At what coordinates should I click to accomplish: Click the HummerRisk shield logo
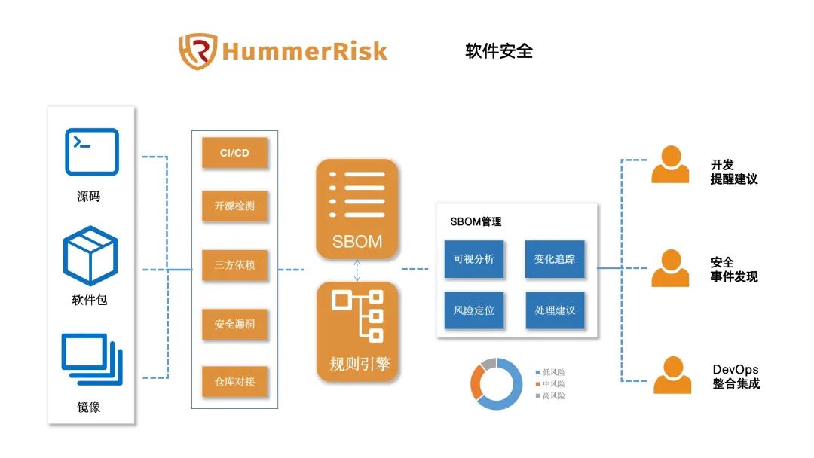point(197,51)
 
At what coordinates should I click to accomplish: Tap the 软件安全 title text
point(499,50)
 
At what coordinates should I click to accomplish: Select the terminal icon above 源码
point(92,152)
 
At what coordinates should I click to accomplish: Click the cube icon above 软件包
point(91,255)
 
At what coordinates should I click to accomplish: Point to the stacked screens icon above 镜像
point(92,359)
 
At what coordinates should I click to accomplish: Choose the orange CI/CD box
point(234,152)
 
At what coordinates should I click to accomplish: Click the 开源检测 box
point(234,206)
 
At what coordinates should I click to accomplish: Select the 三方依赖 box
point(234,265)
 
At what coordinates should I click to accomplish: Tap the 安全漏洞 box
point(234,324)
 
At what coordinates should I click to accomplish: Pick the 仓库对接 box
point(234,382)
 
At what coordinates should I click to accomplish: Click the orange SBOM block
point(357,209)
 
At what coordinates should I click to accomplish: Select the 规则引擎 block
point(358,331)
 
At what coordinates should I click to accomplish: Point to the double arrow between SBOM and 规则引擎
point(357,270)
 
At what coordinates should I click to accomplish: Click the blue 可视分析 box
point(474,259)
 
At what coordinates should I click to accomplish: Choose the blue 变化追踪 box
point(555,259)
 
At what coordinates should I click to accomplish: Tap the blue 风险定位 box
point(474,310)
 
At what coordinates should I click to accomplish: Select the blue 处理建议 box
point(555,310)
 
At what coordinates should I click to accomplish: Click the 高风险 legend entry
point(550,395)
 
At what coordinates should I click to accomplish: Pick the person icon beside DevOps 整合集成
point(672,375)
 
